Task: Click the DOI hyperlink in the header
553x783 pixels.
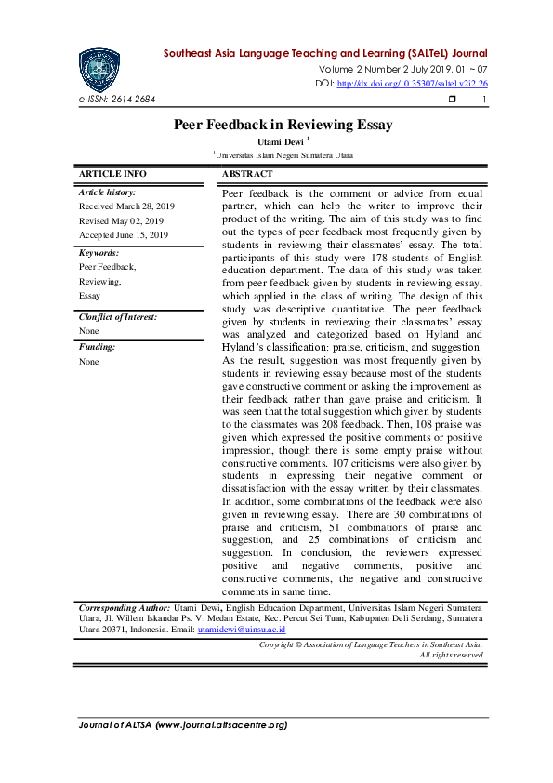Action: [412, 84]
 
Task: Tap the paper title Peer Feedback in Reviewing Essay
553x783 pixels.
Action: [283, 125]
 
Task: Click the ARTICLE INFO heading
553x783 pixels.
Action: [112, 174]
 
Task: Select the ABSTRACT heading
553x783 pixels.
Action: [247, 174]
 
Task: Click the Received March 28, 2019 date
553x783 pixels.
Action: [126, 206]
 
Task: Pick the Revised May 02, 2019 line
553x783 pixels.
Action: [121, 220]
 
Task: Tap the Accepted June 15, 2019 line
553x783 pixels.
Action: [124, 235]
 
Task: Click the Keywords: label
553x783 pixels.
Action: [99, 252]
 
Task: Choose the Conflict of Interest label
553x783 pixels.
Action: [118, 316]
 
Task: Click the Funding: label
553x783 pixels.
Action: [97, 347]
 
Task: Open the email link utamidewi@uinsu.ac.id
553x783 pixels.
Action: [242, 630]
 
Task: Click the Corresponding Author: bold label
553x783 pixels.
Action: [125, 605]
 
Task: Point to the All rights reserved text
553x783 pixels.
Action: [451, 655]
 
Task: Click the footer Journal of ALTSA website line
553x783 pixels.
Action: [182, 724]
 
